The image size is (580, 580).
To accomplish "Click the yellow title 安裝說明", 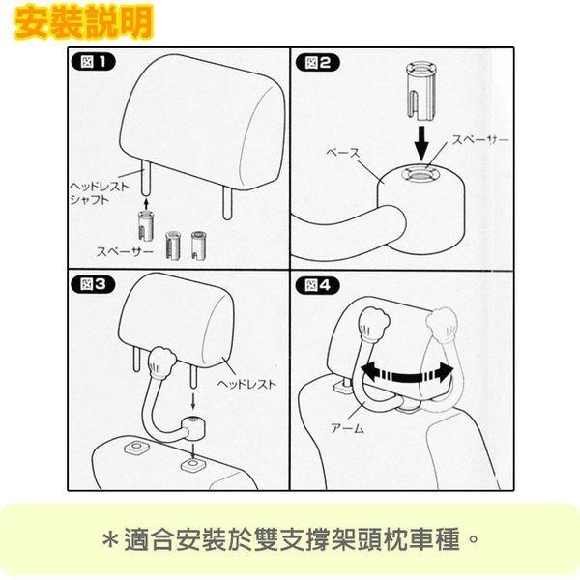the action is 83,23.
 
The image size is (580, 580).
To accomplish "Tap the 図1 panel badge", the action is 93,62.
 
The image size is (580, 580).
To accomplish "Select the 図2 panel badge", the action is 318,62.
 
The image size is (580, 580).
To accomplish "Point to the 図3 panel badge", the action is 93,285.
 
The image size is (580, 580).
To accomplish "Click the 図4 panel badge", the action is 318,285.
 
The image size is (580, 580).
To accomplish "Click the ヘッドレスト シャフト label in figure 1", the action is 100,192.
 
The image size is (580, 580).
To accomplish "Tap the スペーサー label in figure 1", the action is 125,251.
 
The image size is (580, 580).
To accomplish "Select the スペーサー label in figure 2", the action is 480,139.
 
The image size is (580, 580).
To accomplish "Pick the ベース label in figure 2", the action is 343,153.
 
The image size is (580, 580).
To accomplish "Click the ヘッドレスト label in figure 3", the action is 246,384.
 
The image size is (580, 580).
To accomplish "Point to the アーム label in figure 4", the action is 347,428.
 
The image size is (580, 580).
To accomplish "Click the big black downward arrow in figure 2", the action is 421,143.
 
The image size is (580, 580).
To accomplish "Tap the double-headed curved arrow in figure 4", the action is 407,374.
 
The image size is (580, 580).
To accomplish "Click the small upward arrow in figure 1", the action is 146,204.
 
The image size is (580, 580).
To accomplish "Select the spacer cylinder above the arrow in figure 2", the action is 420,91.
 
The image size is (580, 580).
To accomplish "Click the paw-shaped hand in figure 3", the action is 161,362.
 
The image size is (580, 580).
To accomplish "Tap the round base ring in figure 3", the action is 193,427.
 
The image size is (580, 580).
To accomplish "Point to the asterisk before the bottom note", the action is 110,539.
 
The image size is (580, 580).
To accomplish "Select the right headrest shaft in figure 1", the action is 227,203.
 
